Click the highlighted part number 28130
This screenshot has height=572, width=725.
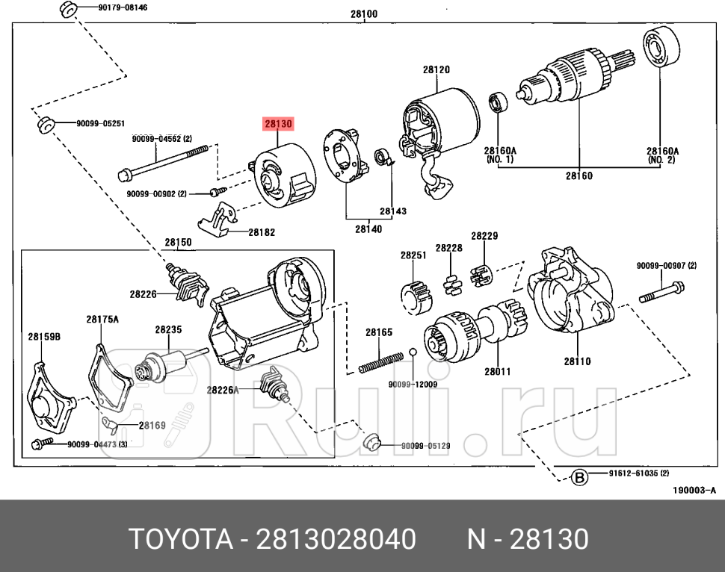(x=277, y=124)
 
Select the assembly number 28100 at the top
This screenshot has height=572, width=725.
(x=363, y=13)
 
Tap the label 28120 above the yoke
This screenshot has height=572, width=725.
(x=436, y=69)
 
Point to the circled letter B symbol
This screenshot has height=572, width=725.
(x=578, y=476)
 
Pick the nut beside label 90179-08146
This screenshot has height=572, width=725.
(x=66, y=10)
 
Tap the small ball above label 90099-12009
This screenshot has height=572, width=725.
(x=413, y=352)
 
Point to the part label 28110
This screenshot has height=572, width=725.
(x=577, y=361)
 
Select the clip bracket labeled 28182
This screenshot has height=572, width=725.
(x=218, y=219)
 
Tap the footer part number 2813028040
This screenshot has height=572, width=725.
(x=337, y=538)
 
